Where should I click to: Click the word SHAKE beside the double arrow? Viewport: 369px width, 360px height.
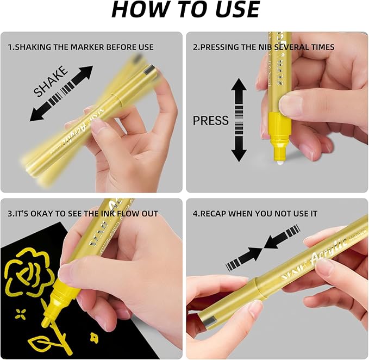pos(51,81)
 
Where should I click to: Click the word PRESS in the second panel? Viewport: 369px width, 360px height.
pos(211,120)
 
